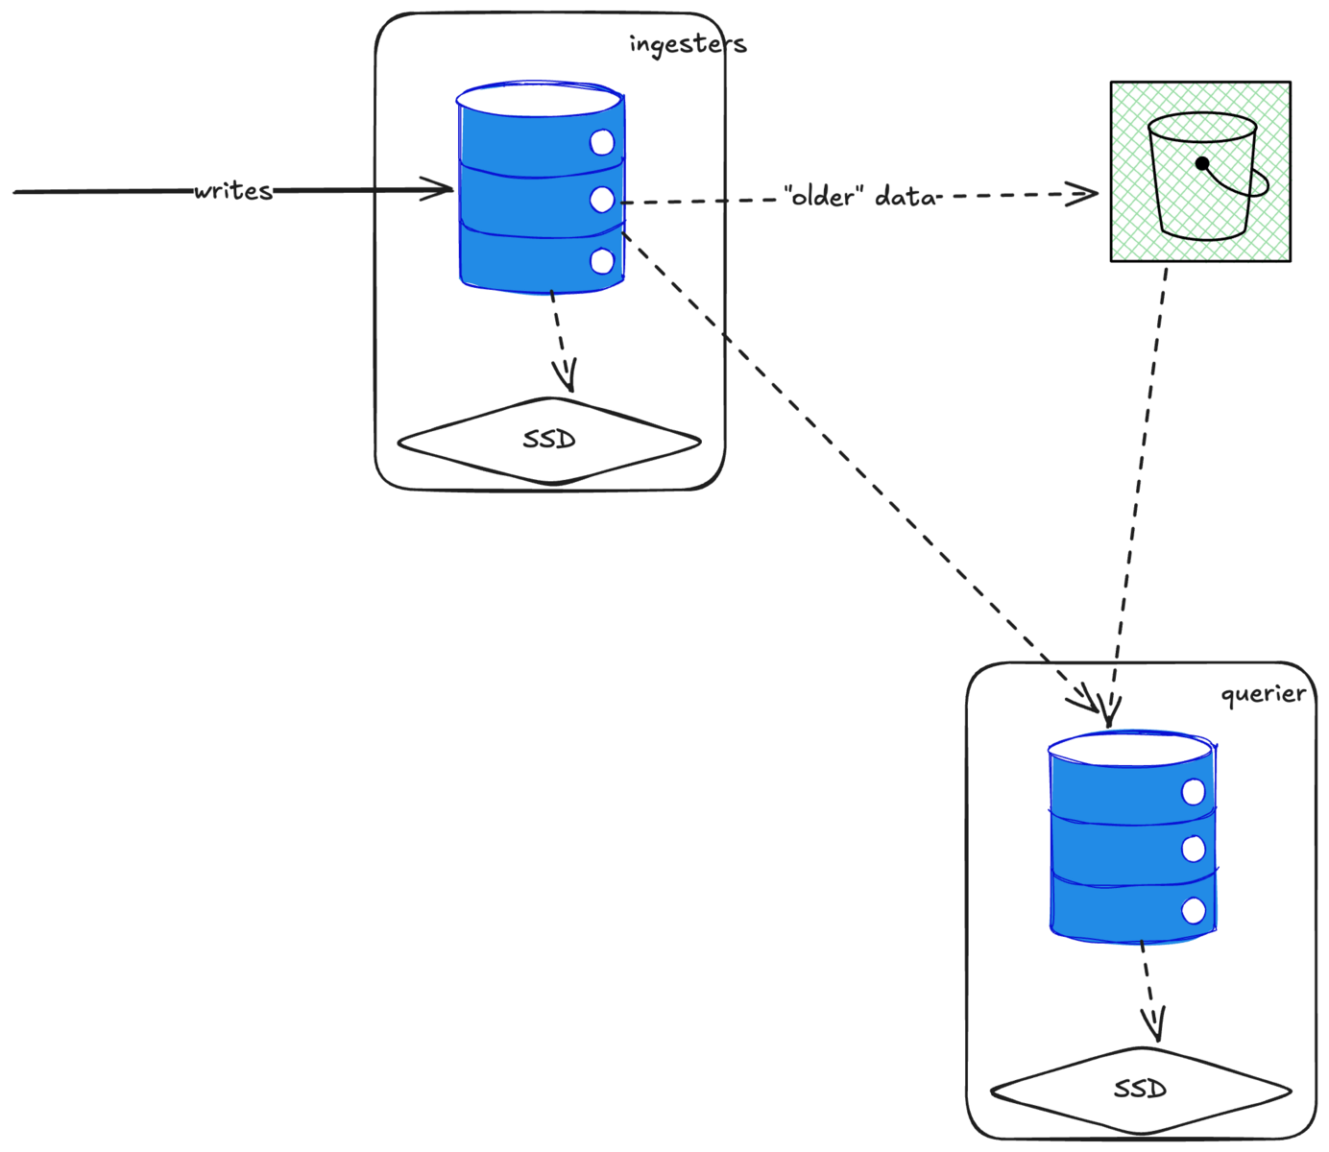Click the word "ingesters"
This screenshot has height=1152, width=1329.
[688, 44]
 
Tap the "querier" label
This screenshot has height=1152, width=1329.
[1263, 694]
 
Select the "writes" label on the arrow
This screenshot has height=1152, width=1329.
[233, 190]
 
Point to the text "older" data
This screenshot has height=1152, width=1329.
[860, 197]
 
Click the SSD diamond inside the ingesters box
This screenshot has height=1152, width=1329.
[549, 441]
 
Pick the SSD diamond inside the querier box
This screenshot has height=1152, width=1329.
[1141, 1090]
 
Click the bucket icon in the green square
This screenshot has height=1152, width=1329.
[1201, 178]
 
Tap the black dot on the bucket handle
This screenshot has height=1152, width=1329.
[1202, 163]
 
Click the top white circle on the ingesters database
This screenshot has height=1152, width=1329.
[602, 143]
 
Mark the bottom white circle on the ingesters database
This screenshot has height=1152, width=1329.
[602, 260]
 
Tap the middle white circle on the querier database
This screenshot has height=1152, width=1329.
[1194, 849]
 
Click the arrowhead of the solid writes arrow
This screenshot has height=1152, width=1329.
[444, 189]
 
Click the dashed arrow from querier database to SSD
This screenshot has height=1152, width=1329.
[1149, 989]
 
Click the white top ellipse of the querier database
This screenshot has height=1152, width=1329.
[1130, 748]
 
